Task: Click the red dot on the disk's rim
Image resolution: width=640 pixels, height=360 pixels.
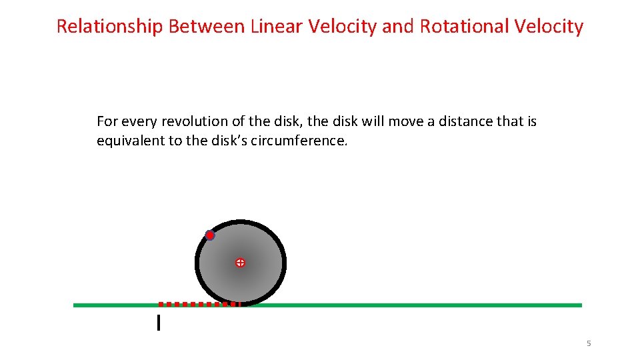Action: (210, 235)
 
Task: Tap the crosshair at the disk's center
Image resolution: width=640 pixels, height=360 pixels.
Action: (240, 263)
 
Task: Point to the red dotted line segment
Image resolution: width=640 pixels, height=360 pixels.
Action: (198, 304)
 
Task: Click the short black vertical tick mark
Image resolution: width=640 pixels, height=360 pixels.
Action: (158, 323)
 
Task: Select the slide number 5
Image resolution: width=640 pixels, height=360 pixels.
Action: (589, 343)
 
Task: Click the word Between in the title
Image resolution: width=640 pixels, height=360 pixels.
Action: (207, 27)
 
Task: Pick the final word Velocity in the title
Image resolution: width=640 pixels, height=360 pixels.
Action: (550, 27)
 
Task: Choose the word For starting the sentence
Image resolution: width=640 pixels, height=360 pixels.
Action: (106, 121)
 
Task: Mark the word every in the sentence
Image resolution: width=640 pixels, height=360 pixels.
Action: (137, 121)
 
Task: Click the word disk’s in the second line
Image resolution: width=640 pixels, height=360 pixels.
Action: (226, 141)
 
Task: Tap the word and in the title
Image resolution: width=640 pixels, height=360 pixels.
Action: (400, 27)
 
